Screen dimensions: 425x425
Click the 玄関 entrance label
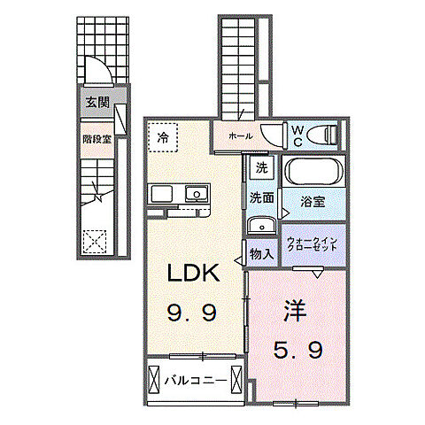pyautogui.click(x=97, y=103)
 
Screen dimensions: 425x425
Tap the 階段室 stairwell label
pyautogui.click(x=97, y=139)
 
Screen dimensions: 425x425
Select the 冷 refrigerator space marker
pyautogui.click(x=163, y=137)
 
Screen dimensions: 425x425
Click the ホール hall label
pyautogui.click(x=241, y=136)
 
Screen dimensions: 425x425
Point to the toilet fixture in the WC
pyautogui.click(x=322, y=135)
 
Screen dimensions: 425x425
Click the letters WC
pyautogui.click(x=297, y=136)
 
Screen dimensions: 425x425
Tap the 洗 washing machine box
pyautogui.click(x=262, y=167)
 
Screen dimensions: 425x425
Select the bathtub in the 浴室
pyautogui.click(x=313, y=171)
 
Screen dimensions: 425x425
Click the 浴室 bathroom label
pyautogui.click(x=313, y=202)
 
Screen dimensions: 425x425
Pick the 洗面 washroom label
pyautogui.click(x=262, y=197)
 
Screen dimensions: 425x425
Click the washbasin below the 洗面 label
pyautogui.click(x=261, y=226)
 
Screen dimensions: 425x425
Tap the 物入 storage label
pyautogui.click(x=261, y=254)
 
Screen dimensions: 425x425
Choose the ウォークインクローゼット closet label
pyautogui.click(x=313, y=244)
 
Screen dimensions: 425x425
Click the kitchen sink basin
pyautogui.click(x=197, y=194)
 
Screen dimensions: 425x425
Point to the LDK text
pyautogui.click(x=193, y=272)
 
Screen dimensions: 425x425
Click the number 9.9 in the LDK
pyautogui.click(x=192, y=313)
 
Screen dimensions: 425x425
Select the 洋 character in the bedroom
pyautogui.click(x=295, y=310)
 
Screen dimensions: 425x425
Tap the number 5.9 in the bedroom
pyautogui.click(x=297, y=351)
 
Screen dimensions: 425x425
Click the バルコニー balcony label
pyautogui.click(x=196, y=381)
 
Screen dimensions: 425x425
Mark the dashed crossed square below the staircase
pyautogui.click(x=95, y=242)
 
